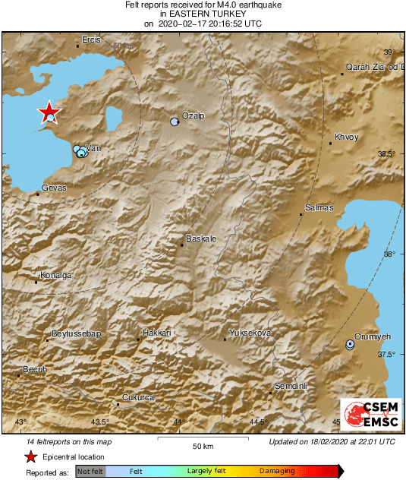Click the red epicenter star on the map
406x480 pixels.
coord(49,112)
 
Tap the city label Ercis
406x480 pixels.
coord(91,39)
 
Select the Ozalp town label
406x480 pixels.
coord(194,115)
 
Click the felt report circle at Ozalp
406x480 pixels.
coord(175,122)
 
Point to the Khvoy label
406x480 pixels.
coord(345,137)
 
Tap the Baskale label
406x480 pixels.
coord(201,238)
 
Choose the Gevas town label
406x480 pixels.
coord(54,188)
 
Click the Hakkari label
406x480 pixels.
coord(157,333)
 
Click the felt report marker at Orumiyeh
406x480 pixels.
coord(350,344)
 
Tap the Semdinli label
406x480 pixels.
coord(291,386)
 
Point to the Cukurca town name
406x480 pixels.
coord(139,397)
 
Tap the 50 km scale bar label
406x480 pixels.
coord(202,446)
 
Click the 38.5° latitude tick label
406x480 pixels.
coord(386,153)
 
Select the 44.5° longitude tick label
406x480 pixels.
coord(259,422)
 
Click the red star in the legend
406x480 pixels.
coord(31,456)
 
